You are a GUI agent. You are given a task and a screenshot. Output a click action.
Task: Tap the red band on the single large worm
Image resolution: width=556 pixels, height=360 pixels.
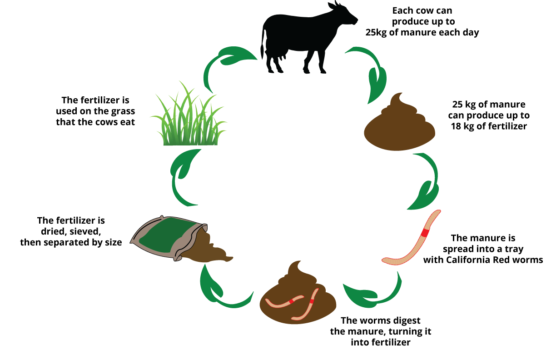[x=425, y=233]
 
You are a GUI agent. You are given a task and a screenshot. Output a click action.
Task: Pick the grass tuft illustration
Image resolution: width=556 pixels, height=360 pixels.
[x=189, y=117]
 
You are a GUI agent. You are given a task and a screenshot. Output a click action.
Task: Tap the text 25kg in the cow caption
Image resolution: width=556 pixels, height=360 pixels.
[x=376, y=33]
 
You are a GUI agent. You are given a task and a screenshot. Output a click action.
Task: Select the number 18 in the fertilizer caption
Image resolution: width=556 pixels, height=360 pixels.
[x=456, y=126]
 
